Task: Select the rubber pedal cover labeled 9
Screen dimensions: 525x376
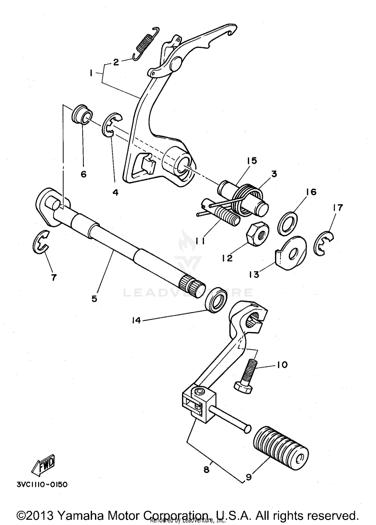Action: coord(281,448)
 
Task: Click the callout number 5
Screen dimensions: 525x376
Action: coord(94,299)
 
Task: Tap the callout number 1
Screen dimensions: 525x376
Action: coord(91,73)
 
